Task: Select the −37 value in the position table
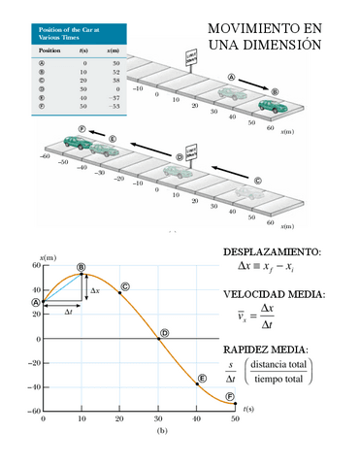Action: click(x=115, y=98)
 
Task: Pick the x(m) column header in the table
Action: click(x=115, y=48)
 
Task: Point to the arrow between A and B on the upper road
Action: click(x=254, y=82)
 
